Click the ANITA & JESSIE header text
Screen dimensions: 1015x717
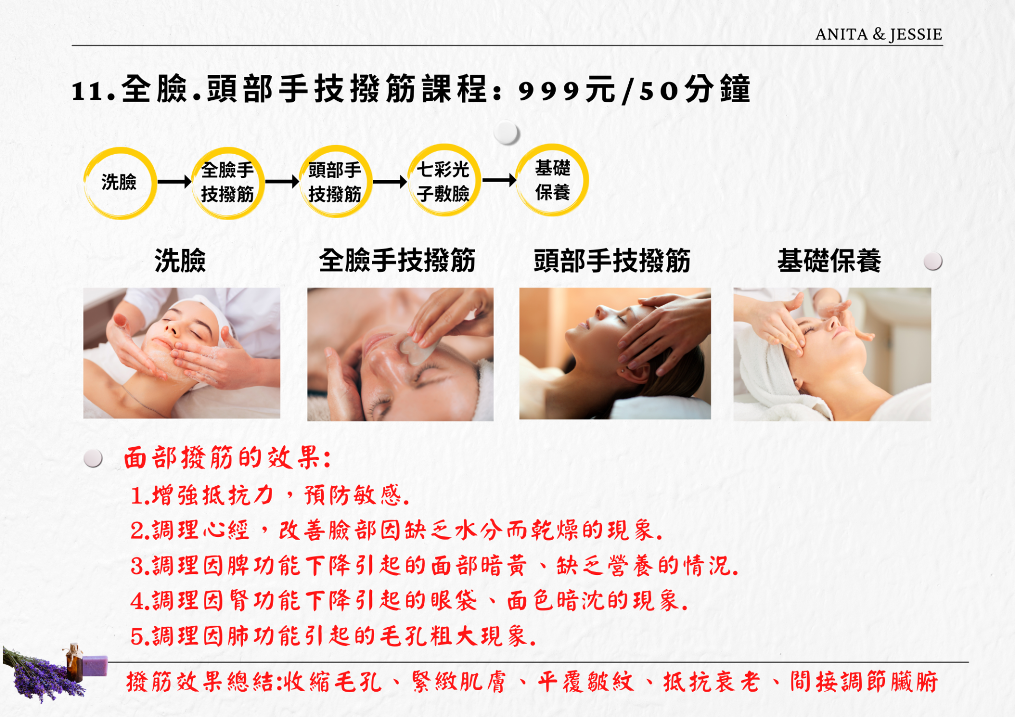tap(879, 34)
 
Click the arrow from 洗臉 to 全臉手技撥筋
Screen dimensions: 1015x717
tap(175, 182)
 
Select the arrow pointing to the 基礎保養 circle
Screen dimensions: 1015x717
tap(499, 180)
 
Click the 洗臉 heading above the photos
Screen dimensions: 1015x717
tap(180, 261)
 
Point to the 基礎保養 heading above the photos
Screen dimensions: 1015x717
tap(829, 261)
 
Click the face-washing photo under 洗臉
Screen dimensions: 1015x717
tap(182, 353)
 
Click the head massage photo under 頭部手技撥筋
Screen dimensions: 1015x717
tap(615, 354)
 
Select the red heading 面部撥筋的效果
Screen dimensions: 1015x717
tap(228, 457)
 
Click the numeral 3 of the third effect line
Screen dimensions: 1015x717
tap(137, 566)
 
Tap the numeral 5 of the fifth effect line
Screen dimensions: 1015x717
tap(137, 637)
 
